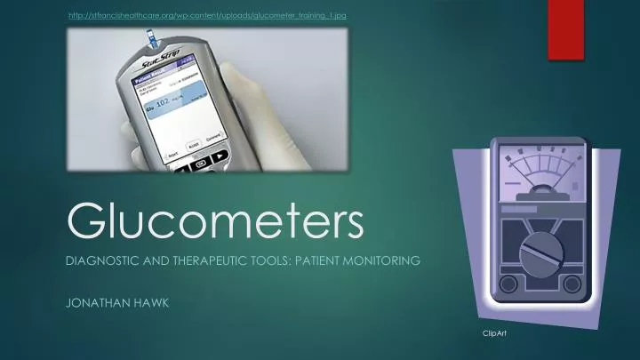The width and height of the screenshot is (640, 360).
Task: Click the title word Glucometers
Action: (x=216, y=220)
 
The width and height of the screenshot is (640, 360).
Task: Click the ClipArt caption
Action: (x=494, y=332)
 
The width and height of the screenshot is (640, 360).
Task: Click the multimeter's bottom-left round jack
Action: (x=508, y=285)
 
